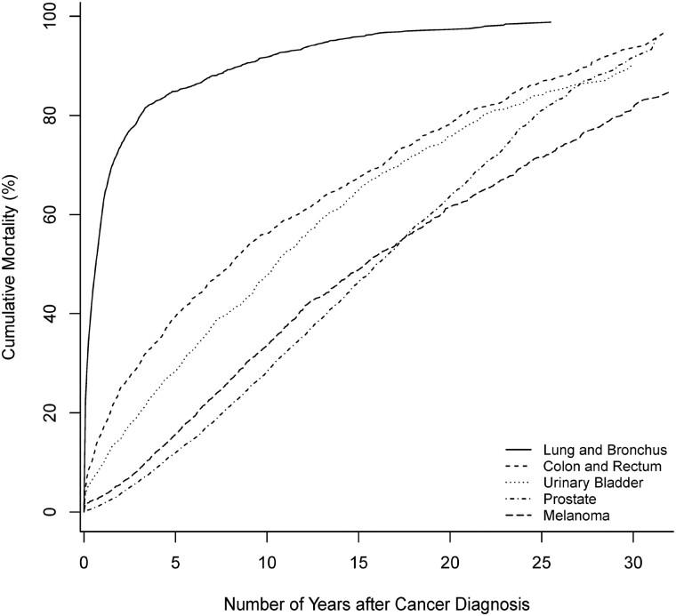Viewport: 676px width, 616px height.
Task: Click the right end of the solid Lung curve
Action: [x=550, y=22]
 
